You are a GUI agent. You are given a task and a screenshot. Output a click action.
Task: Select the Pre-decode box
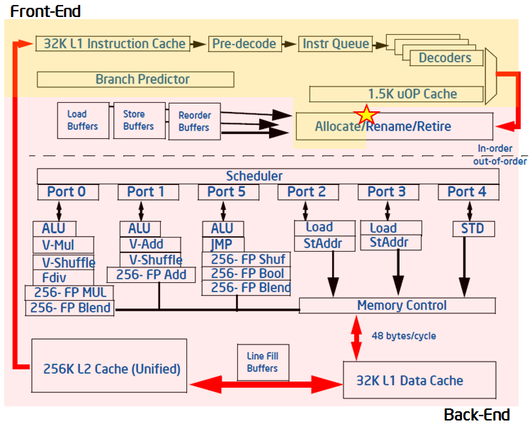(244, 44)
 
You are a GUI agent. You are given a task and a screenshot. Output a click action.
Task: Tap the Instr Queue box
(336, 44)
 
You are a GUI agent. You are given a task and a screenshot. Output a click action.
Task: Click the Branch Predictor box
(142, 79)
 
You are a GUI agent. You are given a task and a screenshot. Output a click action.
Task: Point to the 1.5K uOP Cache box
(402, 94)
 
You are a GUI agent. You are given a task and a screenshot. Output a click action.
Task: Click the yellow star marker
(366, 114)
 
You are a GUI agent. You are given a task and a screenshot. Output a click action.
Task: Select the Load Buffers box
(84, 120)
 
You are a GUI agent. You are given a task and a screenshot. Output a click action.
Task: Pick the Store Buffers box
(138, 120)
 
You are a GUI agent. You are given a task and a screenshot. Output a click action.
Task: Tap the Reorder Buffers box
(194, 121)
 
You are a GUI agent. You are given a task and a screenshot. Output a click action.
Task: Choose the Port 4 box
(460, 191)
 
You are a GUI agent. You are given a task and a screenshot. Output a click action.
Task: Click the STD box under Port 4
(473, 228)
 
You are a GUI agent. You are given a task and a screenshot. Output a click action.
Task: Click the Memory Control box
(402, 306)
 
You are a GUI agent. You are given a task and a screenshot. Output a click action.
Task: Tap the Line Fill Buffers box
(262, 362)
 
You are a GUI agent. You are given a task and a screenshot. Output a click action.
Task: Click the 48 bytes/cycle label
(404, 335)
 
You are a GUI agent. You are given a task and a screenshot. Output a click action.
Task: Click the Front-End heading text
(45, 11)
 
